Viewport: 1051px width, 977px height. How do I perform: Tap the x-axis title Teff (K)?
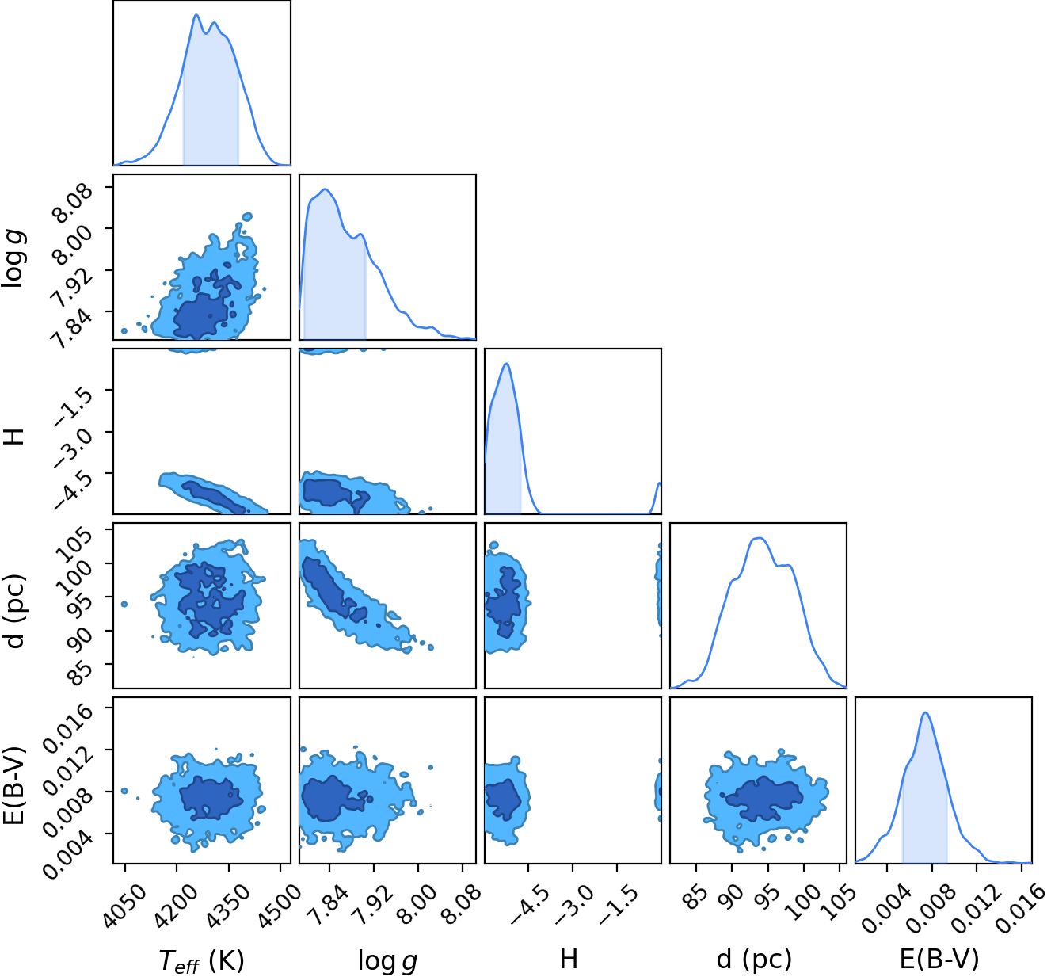pos(202,960)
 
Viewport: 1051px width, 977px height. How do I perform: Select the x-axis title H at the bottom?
pos(569,959)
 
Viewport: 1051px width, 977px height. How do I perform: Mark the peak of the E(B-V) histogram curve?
pos(926,712)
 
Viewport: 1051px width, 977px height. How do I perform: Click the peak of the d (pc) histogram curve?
pos(759,538)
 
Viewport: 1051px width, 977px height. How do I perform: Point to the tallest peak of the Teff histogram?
pos(196,15)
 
